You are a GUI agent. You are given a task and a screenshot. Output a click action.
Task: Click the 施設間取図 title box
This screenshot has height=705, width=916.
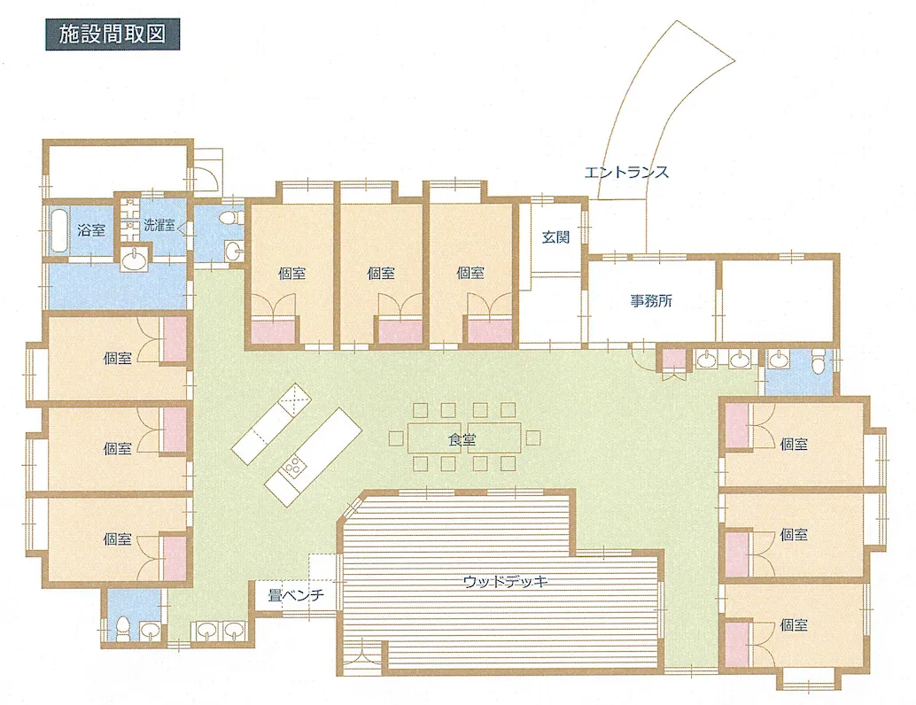113,35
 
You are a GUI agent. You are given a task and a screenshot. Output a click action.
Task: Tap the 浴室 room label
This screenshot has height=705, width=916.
91,229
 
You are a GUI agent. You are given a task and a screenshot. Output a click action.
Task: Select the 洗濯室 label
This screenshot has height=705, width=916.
159,225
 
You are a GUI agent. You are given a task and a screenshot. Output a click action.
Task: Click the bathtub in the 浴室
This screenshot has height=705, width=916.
58,229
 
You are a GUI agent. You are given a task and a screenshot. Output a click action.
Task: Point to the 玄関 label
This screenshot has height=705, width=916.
555,237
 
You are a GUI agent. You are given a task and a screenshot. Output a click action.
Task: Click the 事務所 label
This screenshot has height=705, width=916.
651,301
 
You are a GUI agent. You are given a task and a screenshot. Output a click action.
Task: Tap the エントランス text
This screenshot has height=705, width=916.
626,173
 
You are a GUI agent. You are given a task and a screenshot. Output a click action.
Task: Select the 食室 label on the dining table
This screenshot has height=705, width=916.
462,439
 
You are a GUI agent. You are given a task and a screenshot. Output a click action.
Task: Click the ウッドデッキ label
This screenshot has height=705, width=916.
505,582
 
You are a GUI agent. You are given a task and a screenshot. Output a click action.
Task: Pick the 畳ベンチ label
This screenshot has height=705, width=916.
296,595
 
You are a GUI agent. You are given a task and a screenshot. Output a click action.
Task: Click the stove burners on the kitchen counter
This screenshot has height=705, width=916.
293,465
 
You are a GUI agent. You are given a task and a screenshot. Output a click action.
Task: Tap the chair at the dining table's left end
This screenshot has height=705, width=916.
395,438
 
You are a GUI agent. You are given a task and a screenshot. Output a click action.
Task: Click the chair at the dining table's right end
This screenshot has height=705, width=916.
532,438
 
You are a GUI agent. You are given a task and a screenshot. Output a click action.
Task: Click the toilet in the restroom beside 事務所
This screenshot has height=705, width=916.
819,360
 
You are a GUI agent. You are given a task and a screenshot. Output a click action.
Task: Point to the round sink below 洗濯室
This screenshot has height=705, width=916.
136,258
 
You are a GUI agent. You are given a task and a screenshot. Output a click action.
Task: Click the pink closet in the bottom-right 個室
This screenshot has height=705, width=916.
737,643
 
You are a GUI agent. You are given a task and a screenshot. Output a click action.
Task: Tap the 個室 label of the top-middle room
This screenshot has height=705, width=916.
381,272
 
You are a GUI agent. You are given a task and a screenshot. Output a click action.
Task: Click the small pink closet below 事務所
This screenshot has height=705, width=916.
675,359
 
